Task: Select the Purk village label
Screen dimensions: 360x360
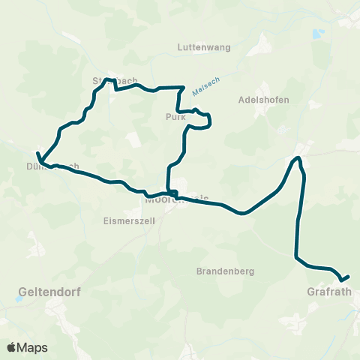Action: pyautogui.click(x=175, y=117)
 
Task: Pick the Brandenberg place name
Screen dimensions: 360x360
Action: pyautogui.click(x=225, y=271)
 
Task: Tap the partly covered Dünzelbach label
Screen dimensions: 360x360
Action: pyautogui.click(x=56, y=166)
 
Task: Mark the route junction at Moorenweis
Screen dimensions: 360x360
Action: pyautogui.click(x=172, y=193)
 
